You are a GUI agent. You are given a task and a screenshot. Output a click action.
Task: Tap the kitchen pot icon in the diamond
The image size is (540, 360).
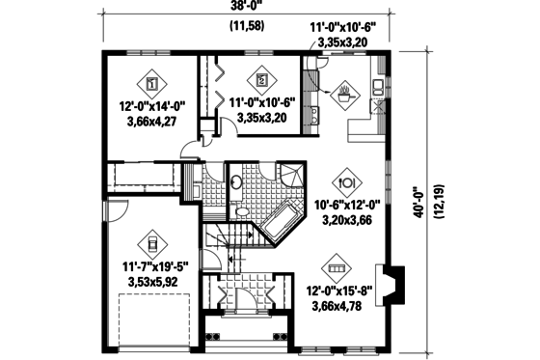345,95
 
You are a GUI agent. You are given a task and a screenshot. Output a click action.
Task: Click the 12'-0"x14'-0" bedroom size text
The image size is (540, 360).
151,106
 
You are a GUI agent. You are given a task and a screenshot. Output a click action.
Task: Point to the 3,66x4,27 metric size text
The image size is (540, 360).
151,122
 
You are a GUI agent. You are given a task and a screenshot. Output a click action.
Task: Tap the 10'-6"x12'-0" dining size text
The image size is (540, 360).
349,205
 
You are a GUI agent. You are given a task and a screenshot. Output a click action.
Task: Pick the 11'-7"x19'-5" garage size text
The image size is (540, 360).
155,266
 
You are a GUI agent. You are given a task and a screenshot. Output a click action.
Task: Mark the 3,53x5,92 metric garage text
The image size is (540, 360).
154,282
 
